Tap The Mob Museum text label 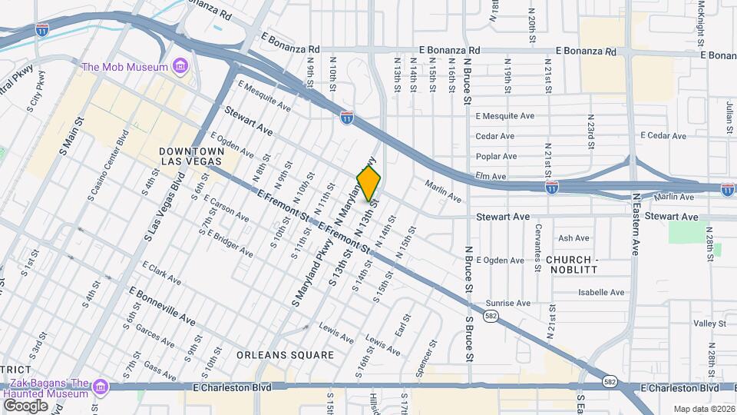pos(124,67)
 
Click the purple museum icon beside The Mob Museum pos(180,67)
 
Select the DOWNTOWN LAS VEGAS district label pos(190,156)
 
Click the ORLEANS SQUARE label pos(285,355)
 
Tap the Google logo pos(25,405)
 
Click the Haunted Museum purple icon pos(99,388)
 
